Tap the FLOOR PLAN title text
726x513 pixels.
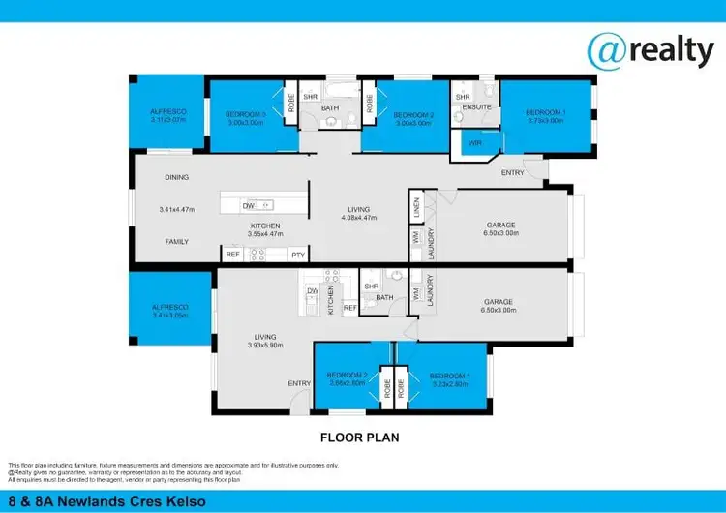click(360, 438)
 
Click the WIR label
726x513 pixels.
click(474, 143)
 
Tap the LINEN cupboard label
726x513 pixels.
click(414, 204)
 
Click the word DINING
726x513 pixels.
click(176, 177)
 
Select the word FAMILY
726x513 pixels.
click(176, 241)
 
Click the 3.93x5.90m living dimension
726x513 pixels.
click(264, 346)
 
